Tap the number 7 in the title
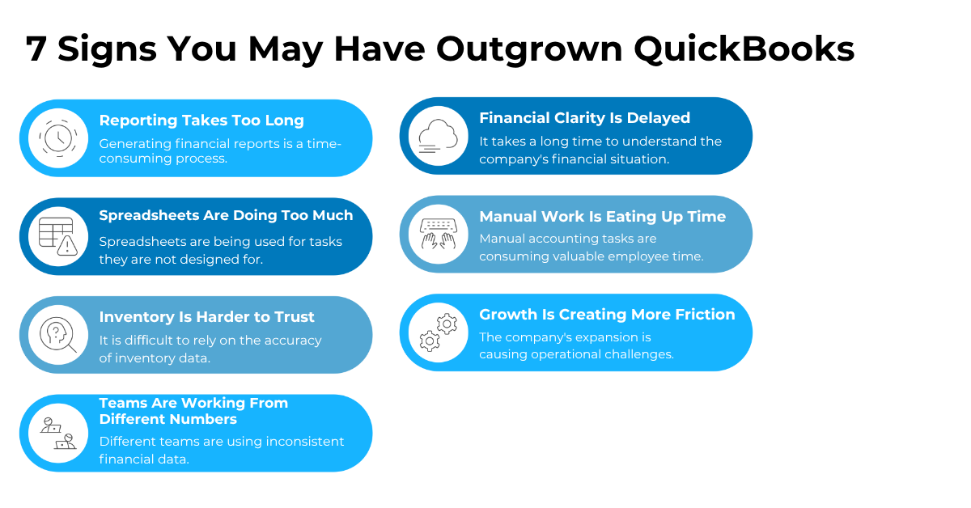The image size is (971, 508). (36, 49)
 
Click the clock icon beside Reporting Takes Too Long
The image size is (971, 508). (58, 138)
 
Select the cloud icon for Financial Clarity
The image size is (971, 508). (438, 137)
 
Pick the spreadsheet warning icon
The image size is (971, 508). (58, 236)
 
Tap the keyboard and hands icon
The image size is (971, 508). (438, 234)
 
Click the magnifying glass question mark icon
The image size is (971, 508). (58, 334)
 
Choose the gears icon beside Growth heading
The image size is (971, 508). (438, 332)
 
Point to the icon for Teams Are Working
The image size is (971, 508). (58, 433)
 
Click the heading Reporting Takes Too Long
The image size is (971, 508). (201, 121)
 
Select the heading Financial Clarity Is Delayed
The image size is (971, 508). (584, 118)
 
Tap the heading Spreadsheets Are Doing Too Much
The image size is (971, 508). (226, 216)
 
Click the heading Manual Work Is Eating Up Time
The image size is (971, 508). (602, 217)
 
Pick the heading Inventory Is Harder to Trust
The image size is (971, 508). (206, 317)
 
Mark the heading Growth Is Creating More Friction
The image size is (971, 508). (607, 315)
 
